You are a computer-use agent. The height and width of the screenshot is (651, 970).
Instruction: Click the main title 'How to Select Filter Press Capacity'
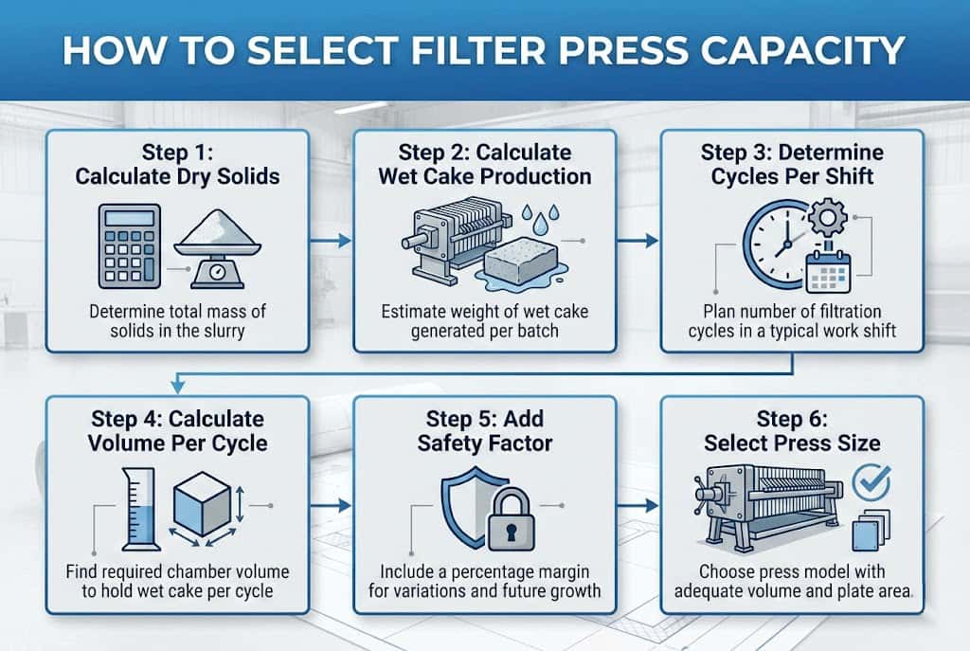pyautogui.click(x=484, y=49)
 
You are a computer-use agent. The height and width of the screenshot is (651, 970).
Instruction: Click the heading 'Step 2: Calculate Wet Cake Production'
pyautogui.click(x=485, y=164)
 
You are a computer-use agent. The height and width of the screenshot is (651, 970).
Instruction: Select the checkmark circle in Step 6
pyautogui.click(x=872, y=481)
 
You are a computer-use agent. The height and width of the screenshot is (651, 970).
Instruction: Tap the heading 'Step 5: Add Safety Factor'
pyautogui.click(x=485, y=429)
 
